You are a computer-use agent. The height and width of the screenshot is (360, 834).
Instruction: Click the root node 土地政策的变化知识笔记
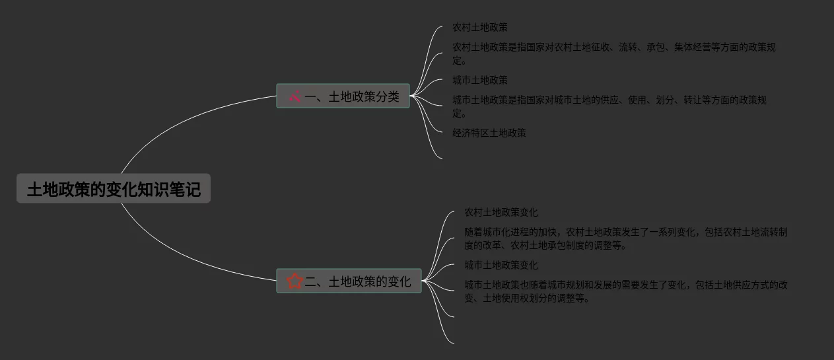pyautogui.click(x=113, y=189)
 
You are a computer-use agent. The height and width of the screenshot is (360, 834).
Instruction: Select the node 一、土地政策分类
pyautogui.click(x=343, y=96)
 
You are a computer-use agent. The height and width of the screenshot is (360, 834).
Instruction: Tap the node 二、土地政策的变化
pyautogui.click(x=349, y=281)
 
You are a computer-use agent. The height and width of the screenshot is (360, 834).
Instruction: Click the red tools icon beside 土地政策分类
pyautogui.click(x=295, y=96)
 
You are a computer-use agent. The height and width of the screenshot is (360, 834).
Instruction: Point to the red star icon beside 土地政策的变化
pyautogui.click(x=295, y=281)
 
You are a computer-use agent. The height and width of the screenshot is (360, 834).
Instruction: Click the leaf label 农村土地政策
pyautogui.click(x=479, y=28)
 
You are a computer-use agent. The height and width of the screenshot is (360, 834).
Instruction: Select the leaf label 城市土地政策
pyautogui.click(x=479, y=81)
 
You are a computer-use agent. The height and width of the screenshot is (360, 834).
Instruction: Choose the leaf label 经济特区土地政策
pyautogui.click(x=489, y=133)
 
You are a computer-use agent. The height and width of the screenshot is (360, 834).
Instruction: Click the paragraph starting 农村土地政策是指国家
pyautogui.click(x=614, y=54)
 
